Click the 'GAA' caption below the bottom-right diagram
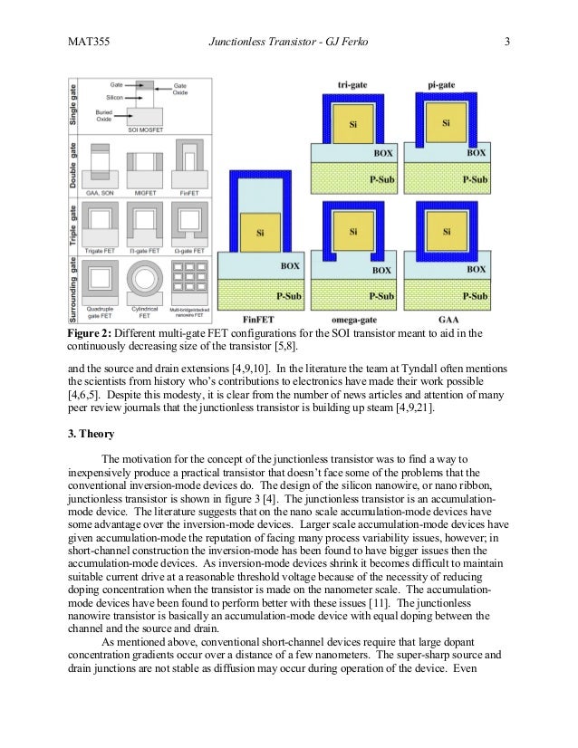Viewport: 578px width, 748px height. (x=447, y=320)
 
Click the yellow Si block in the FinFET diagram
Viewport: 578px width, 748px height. (x=261, y=233)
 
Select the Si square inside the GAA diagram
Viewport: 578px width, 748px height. (x=446, y=232)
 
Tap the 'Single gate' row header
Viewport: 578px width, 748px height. (x=72, y=106)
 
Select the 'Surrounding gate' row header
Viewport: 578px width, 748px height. (x=72, y=289)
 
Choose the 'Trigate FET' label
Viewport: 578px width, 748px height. (x=100, y=248)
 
